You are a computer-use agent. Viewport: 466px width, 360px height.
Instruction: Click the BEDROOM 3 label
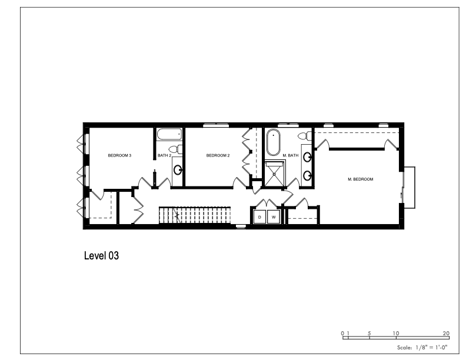tap(119, 155)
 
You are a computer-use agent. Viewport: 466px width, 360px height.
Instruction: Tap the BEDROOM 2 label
tap(218, 155)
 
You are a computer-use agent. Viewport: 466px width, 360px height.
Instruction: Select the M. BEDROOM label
tap(361, 179)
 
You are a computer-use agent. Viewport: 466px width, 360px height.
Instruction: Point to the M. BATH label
tap(290, 155)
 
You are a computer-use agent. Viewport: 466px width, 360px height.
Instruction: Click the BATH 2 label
tap(164, 155)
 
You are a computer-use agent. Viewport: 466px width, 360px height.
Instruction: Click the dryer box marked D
tap(259, 217)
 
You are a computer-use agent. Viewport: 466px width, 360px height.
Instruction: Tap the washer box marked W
tap(274, 217)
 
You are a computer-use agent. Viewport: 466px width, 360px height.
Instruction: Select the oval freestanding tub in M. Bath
tap(273, 142)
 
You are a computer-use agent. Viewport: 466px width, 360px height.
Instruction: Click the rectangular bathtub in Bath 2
tap(169, 135)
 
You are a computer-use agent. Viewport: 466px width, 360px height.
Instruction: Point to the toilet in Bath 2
tap(175, 149)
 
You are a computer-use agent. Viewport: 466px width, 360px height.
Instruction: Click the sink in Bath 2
tap(178, 170)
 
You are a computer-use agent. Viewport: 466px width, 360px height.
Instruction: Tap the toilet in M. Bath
tap(304, 136)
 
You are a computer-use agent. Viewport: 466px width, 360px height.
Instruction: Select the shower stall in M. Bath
tap(274, 174)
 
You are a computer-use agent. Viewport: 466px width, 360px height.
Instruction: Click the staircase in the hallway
tap(195, 215)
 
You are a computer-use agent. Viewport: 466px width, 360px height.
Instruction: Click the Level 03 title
tap(102, 255)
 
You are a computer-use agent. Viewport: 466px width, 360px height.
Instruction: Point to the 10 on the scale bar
tap(396, 334)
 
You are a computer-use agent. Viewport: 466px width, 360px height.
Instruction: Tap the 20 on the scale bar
tap(446, 334)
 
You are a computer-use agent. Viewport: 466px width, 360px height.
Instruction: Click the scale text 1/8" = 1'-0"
tap(431, 347)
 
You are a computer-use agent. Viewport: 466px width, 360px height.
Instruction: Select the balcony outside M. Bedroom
tap(409, 188)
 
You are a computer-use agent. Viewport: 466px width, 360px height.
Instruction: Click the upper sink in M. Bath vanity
tap(307, 157)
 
